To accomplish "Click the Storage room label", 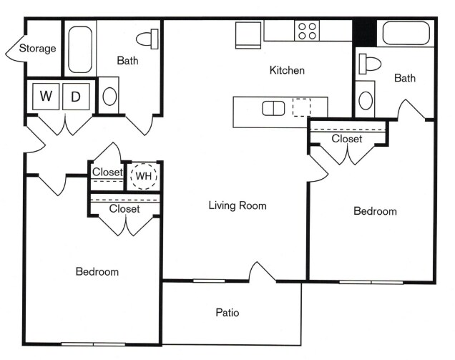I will (37, 49).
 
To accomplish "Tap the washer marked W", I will (45, 97).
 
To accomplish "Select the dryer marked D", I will (76, 97).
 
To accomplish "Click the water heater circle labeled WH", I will (145, 175).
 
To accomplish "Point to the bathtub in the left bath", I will (80, 49).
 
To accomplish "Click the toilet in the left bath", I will (148, 38).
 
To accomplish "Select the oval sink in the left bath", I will (109, 96).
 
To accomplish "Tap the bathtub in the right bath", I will (406, 34).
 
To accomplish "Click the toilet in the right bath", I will (370, 63).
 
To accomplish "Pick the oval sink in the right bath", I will (366, 99).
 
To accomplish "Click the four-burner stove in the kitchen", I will (307, 31).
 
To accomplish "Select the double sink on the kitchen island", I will (273, 108).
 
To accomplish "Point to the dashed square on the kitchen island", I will (303, 107).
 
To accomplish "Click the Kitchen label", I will (287, 70).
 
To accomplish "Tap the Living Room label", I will (238, 205).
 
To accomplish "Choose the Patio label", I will (227, 313).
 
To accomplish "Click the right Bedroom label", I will (376, 211).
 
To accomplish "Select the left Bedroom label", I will (97, 272).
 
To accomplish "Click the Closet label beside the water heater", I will (107, 172).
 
